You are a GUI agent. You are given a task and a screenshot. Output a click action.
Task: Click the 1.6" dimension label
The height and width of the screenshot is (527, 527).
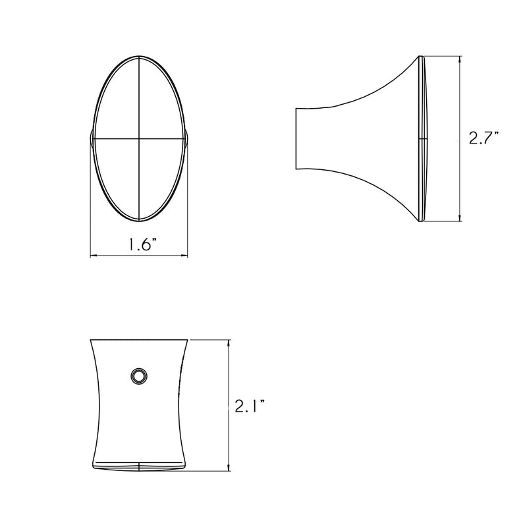pyautogui.click(x=139, y=244)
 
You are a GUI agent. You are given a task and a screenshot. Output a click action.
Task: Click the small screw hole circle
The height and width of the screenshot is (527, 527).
pyautogui.click(x=139, y=376)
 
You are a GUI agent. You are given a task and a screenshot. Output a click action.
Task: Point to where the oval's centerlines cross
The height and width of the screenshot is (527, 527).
pyautogui.click(x=139, y=139)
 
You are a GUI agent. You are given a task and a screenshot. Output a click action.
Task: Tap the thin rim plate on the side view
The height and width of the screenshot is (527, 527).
pyautogui.click(x=422, y=138)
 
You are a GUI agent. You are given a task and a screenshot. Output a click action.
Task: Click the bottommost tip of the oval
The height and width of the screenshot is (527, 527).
pyautogui.click(x=139, y=220)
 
